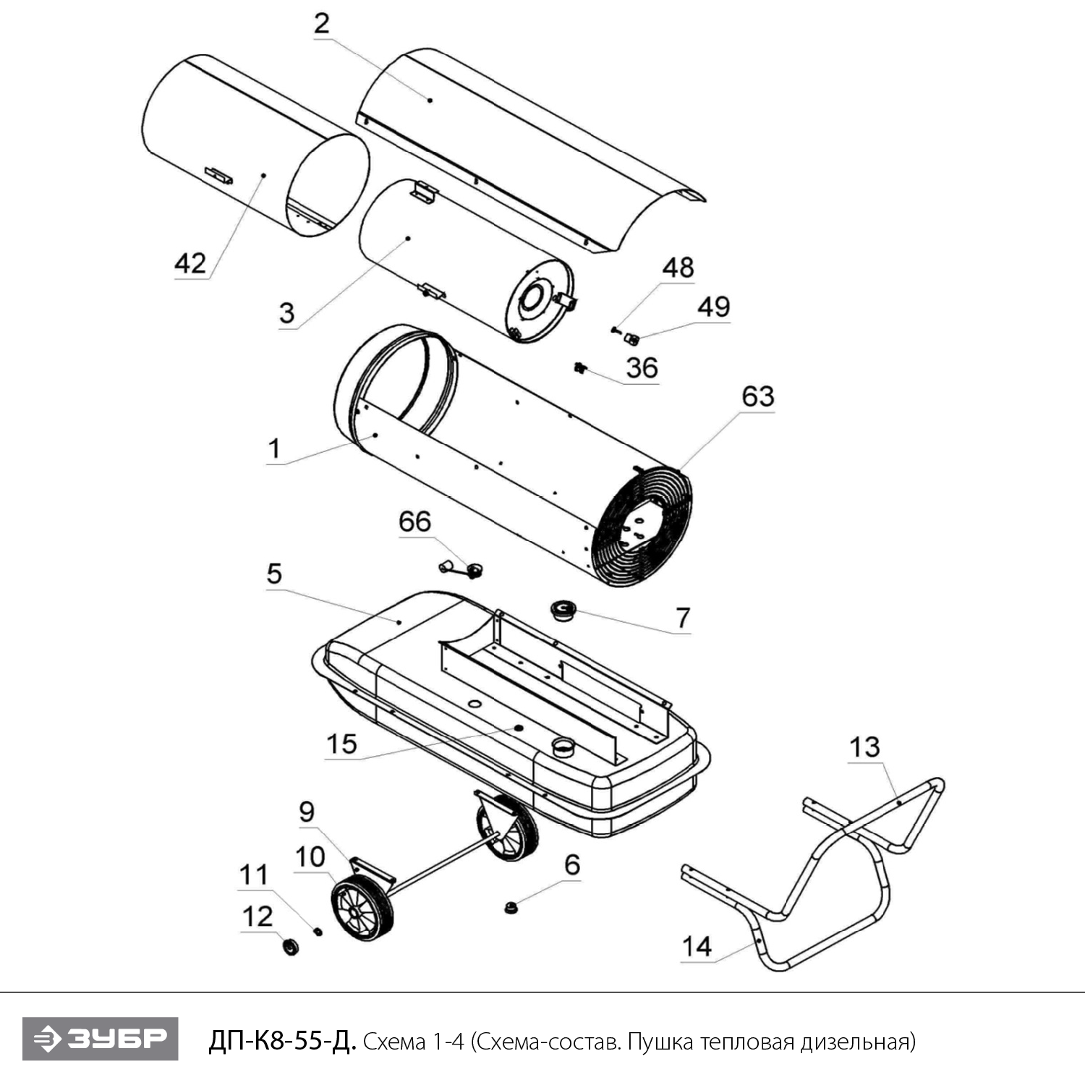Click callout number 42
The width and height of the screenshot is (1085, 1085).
coord(190,263)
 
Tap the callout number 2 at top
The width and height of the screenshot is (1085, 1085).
coord(322,24)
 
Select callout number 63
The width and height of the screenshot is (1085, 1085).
coord(758,396)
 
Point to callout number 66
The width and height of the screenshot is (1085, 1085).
coord(414,522)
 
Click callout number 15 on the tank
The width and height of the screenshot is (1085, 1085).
coord(341,744)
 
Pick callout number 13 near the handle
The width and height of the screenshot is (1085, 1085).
coord(864,747)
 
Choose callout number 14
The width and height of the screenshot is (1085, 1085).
coord(697,946)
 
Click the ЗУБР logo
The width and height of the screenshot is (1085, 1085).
coord(100,1039)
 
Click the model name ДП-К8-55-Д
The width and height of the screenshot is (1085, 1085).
coord(282,1042)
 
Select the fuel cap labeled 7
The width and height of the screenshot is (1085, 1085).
coord(563,610)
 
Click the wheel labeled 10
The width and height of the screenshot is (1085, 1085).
coord(362,909)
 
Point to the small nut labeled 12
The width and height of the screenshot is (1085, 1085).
coord(290,945)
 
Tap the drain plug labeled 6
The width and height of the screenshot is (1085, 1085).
coord(511,906)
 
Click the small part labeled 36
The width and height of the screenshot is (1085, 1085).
coord(579,368)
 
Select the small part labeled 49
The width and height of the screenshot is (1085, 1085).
coord(632,339)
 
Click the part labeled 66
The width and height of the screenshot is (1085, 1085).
coord(463,570)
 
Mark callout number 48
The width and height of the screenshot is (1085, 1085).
coord(678,268)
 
